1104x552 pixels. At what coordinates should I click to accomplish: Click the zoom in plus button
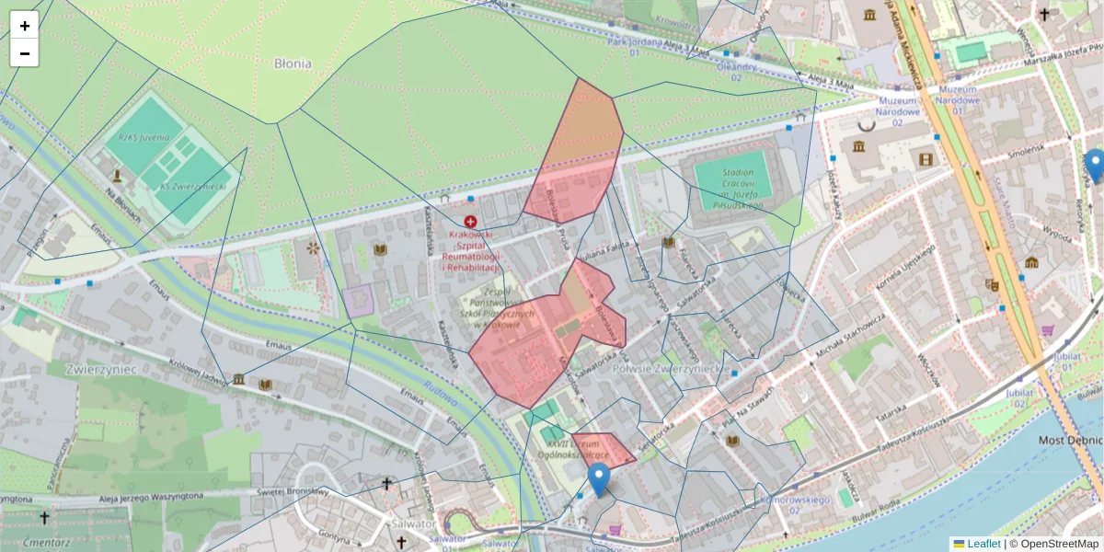coord(25,25)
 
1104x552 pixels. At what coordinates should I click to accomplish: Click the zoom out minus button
coord(25,53)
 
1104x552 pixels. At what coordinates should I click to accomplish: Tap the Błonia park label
coord(293,63)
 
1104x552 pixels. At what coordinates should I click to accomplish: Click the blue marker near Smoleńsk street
coord(1094,166)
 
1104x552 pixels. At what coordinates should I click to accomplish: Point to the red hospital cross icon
coord(471,222)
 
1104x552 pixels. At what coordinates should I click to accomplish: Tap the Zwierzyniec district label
coord(101,369)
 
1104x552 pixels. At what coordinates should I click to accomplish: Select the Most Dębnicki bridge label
coord(1070,440)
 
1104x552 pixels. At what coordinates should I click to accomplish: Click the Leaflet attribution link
coord(983,544)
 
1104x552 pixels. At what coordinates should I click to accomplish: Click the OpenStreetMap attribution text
coord(1053,544)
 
